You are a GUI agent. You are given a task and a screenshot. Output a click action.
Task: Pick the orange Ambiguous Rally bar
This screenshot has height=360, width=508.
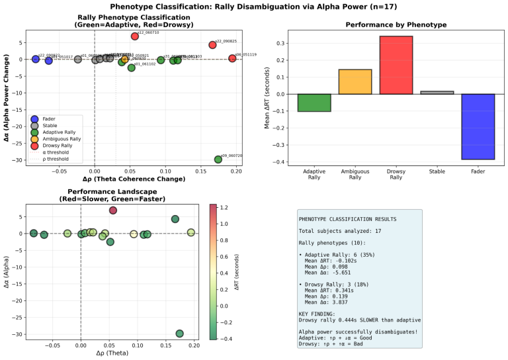tap(355, 81)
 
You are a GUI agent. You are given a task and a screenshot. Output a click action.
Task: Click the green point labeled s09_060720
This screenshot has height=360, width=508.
tap(218, 159)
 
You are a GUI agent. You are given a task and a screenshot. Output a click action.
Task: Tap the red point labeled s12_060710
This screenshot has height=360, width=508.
tap(135, 36)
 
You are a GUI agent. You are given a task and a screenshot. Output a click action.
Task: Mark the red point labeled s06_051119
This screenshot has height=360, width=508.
tap(232, 58)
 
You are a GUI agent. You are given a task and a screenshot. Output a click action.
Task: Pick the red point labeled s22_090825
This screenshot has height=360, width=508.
tap(212, 45)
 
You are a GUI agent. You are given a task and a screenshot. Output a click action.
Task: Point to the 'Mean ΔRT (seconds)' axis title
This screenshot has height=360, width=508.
tap(267, 98)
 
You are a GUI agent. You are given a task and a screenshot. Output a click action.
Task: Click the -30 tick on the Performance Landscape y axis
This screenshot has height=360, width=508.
tap(20, 334)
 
